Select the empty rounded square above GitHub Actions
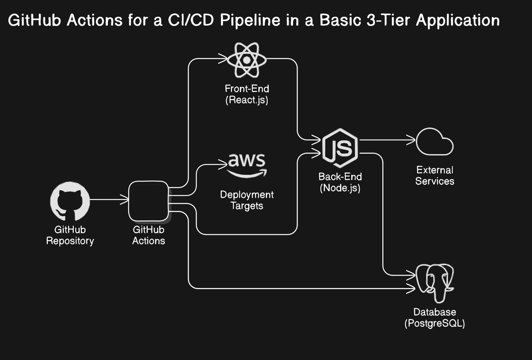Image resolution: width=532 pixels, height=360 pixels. click(x=149, y=201)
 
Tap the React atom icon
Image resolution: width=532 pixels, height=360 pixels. click(x=246, y=60)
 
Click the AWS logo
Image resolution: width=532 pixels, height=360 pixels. click(x=247, y=164)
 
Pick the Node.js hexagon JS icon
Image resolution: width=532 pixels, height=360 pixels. click(x=340, y=148)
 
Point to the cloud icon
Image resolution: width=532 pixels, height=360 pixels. click(x=434, y=141)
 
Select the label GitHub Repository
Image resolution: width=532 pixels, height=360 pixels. click(x=70, y=235)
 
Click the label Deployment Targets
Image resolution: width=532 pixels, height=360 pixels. click(x=246, y=200)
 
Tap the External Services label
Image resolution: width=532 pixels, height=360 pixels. click(x=434, y=176)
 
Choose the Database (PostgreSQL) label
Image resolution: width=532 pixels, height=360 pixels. click(x=434, y=318)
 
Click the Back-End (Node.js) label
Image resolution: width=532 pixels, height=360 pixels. click(x=340, y=182)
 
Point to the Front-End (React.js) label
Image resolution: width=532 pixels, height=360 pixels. click(x=246, y=94)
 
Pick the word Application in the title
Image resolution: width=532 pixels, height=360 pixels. click(x=458, y=20)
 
